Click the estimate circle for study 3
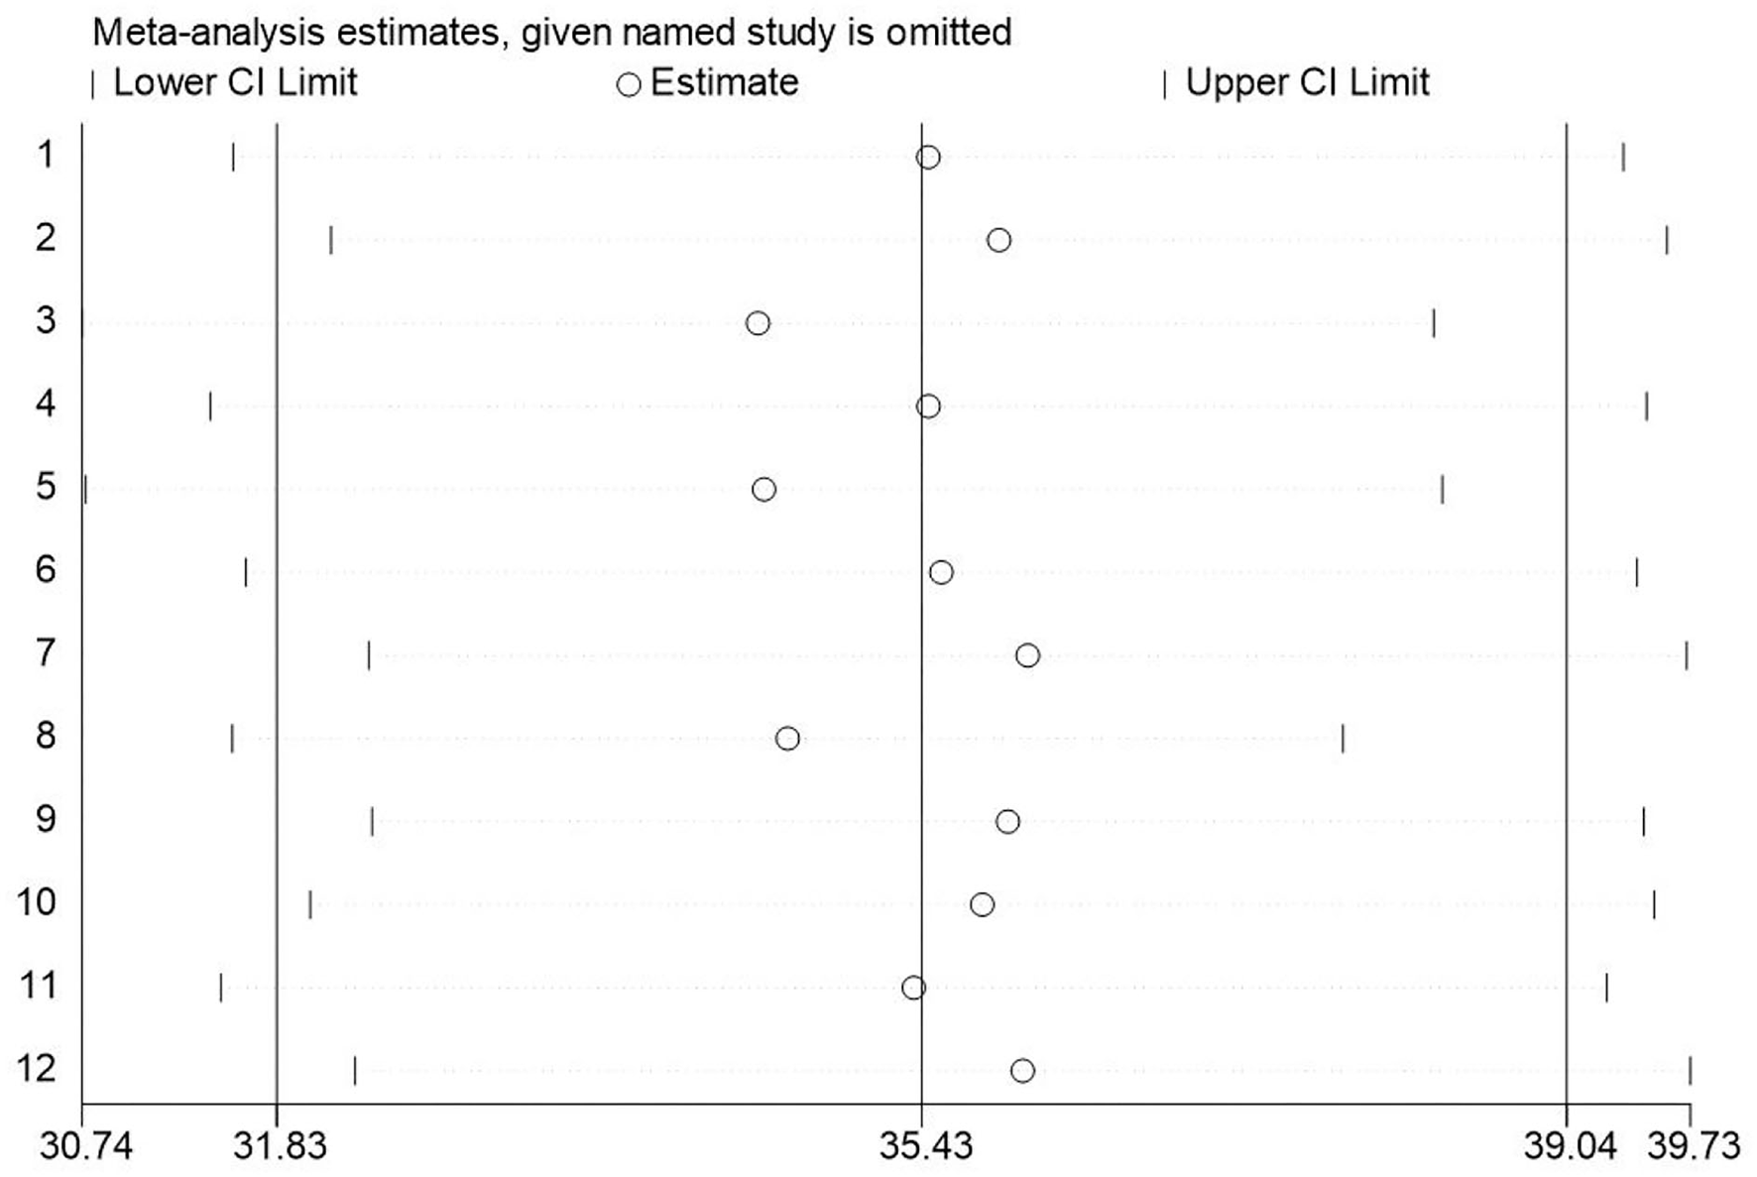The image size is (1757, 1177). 758,323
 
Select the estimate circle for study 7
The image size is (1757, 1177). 1027,655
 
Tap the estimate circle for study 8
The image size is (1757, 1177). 787,739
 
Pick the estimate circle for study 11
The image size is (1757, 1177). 914,988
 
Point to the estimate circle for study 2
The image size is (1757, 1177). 998,240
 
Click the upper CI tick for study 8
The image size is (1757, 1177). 1343,739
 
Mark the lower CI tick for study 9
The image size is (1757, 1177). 372,822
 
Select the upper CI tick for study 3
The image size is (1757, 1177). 1433,323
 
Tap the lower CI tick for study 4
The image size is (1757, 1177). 210,407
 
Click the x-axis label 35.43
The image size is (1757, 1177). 926,1146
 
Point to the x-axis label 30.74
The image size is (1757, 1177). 86,1146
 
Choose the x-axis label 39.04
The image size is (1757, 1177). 1570,1146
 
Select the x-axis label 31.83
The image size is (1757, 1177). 280,1146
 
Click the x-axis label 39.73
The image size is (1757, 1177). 1694,1146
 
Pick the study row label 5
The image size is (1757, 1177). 46,487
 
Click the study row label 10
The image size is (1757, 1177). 37,902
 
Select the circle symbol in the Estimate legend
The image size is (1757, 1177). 628,85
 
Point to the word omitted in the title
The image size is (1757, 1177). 948,33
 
